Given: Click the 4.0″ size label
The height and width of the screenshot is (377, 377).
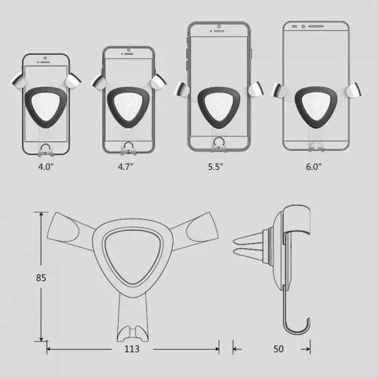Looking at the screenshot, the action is click(45, 167).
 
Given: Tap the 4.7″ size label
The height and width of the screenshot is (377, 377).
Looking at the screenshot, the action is click(125, 167).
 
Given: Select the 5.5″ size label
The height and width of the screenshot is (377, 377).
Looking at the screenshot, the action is click(215, 167).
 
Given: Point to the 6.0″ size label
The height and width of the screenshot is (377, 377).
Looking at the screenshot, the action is click(313, 167).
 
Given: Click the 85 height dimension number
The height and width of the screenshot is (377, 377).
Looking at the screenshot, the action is click(41, 278).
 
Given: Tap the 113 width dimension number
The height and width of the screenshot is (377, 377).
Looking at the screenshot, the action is click(132, 349).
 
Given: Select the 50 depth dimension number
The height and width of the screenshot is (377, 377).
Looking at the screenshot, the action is click(278, 349).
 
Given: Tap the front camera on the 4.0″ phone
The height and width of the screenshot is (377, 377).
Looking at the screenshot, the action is click(45, 58).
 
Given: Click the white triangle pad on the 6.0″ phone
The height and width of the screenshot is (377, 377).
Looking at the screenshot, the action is click(315, 106).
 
